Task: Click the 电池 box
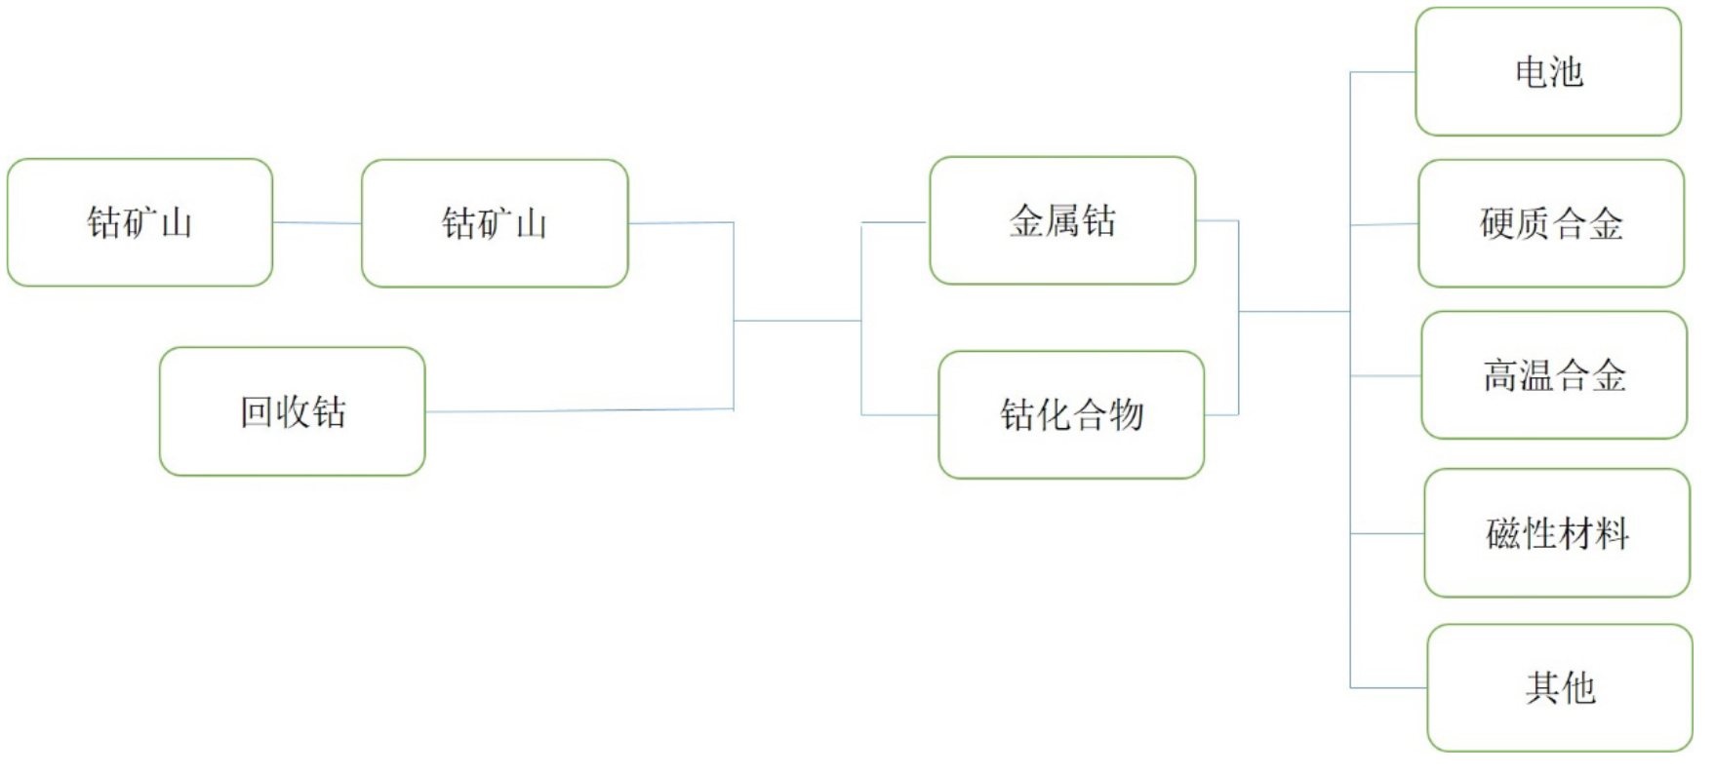click(1548, 71)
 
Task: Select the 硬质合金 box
click(1551, 223)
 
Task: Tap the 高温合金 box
click(1554, 375)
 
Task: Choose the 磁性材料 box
click(1557, 533)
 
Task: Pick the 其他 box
click(1560, 688)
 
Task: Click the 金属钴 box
click(1062, 220)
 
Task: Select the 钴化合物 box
click(1071, 415)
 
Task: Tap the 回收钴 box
click(293, 411)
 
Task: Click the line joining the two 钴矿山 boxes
click(317, 223)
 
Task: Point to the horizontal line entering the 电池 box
click(1383, 72)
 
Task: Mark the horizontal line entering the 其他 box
click(1389, 688)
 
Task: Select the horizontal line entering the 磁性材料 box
click(1387, 534)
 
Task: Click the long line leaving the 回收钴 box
click(579, 410)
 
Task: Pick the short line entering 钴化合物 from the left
click(899, 415)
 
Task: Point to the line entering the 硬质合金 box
click(1384, 224)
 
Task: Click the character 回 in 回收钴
click(257, 412)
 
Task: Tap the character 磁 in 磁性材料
click(1503, 533)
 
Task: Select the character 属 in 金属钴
click(1062, 220)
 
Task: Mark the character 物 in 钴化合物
click(1127, 415)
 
